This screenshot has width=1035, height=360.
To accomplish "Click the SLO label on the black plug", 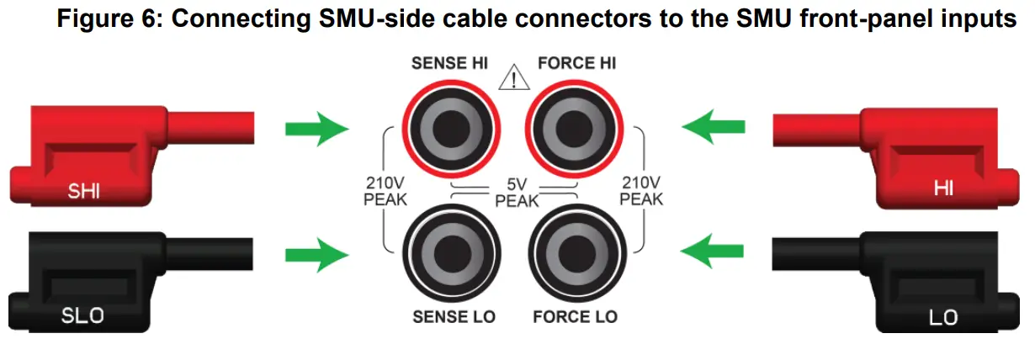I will (x=83, y=317).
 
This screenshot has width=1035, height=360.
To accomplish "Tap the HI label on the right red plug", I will (x=944, y=190).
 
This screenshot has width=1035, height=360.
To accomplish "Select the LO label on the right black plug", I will (x=942, y=317).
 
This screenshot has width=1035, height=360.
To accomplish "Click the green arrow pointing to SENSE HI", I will (x=316, y=130).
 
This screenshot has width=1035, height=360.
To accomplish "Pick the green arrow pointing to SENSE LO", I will (x=316, y=253).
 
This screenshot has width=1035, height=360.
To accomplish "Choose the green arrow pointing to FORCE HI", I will (x=714, y=130).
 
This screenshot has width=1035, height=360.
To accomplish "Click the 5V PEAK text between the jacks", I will (x=515, y=193).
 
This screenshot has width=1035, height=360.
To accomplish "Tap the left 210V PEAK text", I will (x=386, y=191).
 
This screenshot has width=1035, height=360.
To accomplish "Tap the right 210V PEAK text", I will (x=641, y=191).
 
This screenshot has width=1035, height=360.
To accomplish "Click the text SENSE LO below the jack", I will (x=454, y=317).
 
